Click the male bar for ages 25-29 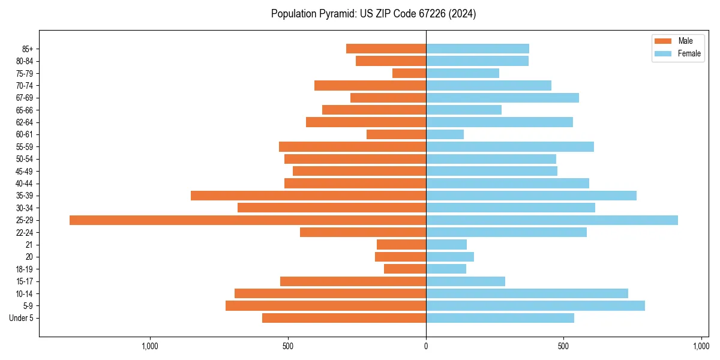tap(248, 220)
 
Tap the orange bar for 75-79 tap(409, 73)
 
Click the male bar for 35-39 tap(308, 196)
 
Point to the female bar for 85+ tap(478, 49)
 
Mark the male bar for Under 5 tap(344, 318)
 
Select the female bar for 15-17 tap(466, 281)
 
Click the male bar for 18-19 tap(405, 269)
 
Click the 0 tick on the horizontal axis tap(426, 346)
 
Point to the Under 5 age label tap(21, 318)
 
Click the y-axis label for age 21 tap(29, 245)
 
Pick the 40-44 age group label tap(24, 184)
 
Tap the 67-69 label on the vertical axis tap(24, 98)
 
